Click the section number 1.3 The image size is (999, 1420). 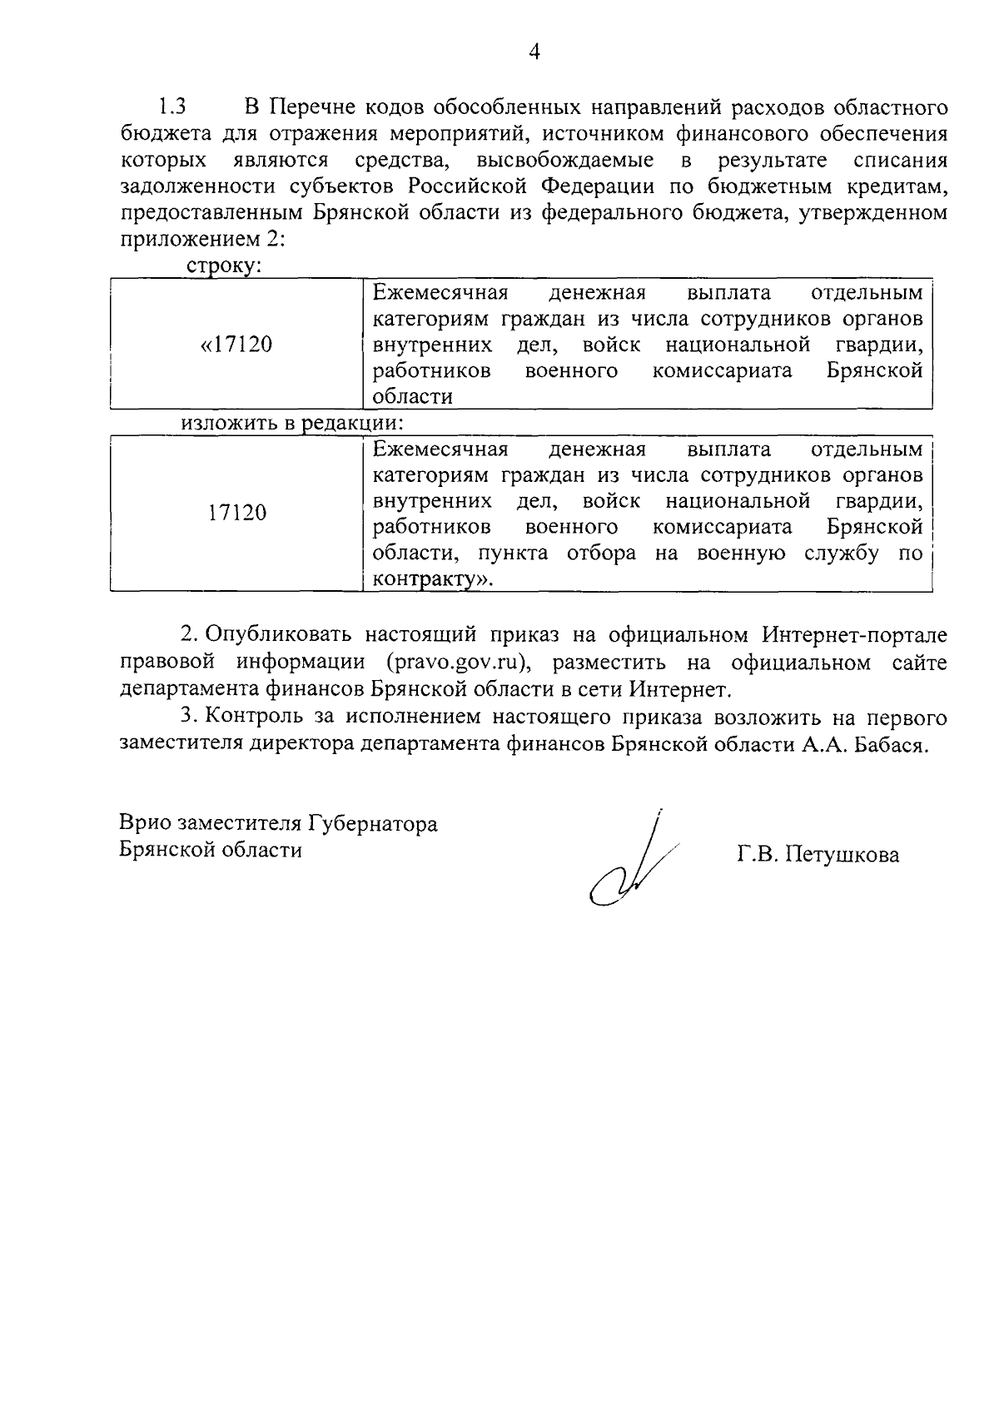(x=172, y=107)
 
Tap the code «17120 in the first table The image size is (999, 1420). (x=237, y=345)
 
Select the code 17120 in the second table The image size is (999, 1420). (x=237, y=513)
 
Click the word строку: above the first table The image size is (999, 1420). (x=224, y=266)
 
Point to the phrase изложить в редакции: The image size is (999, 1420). (x=292, y=422)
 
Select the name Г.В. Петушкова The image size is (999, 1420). (x=818, y=855)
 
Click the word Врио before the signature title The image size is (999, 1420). (x=146, y=824)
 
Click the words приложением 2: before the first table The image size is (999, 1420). (x=203, y=239)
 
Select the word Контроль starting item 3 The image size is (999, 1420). (x=246, y=717)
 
